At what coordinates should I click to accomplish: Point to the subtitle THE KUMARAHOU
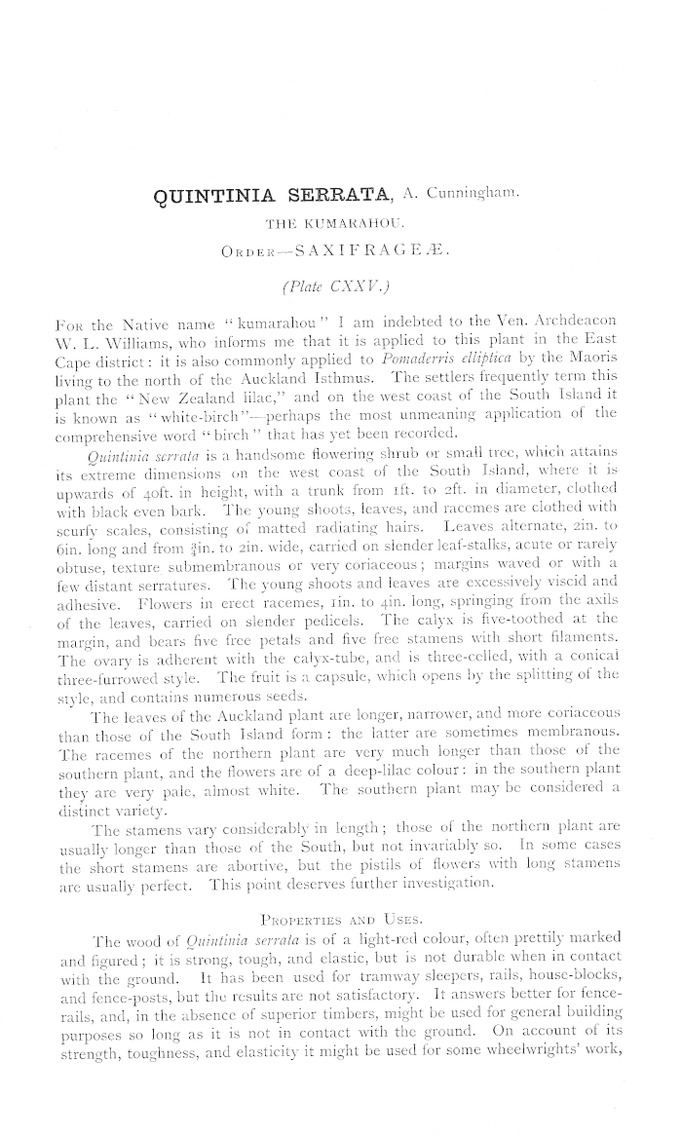[334, 229]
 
